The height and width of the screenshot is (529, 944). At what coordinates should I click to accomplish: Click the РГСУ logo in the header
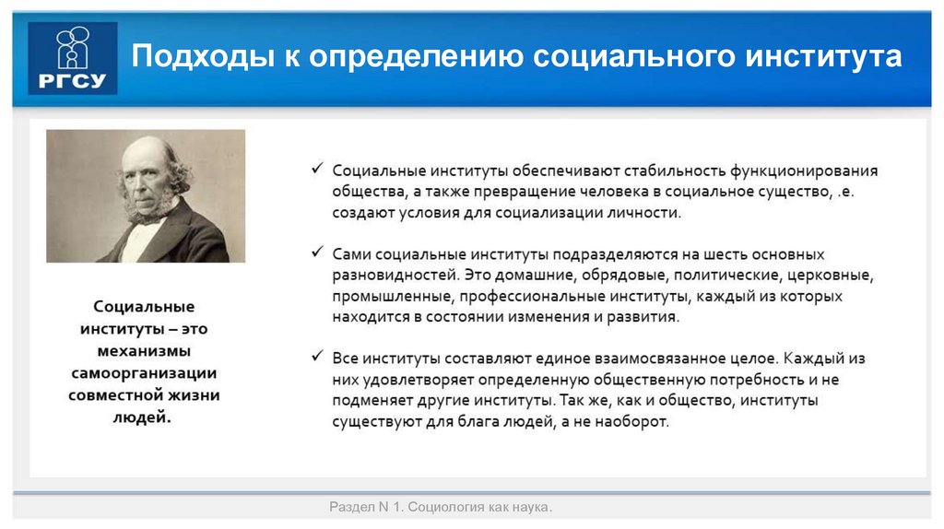point(73,57)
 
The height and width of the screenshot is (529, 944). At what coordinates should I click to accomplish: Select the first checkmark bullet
point(317,170)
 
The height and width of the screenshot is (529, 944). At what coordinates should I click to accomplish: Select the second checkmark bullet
point(317,253)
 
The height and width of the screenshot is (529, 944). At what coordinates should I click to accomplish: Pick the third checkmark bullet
point(317,357)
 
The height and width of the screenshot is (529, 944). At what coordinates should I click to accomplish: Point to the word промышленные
point(390,296)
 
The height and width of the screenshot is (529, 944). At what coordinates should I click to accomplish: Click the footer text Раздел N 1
point(366,508)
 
